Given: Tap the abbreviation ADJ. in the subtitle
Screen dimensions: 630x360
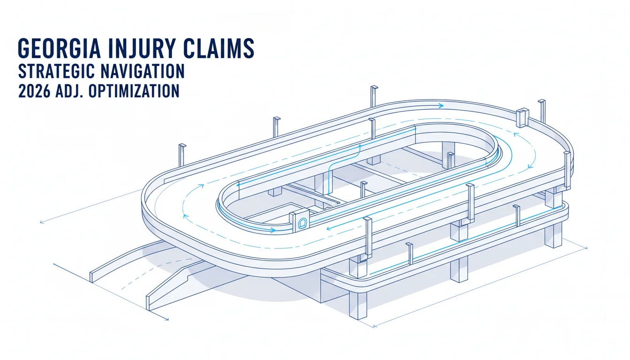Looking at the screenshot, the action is (x=70, y=91).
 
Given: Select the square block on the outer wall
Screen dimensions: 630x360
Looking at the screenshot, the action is (x=522, y=118).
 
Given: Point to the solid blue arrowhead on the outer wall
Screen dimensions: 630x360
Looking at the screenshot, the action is (x=441, y=106).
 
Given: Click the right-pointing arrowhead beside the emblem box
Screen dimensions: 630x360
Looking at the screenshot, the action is (x=272, y=230).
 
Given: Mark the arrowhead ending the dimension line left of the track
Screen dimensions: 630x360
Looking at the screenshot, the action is (x=42, y=222).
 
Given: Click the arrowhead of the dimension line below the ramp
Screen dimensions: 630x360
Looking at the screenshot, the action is (x=167, y=319).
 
